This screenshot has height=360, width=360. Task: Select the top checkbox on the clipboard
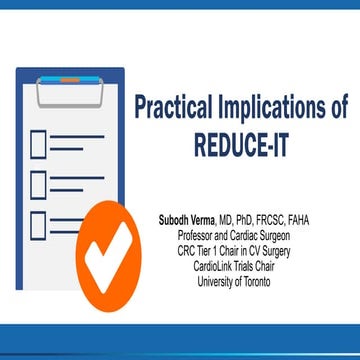click(38, 145)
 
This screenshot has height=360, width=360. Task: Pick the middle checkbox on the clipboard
click(38, 185)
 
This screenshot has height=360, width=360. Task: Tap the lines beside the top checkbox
click(75, 145)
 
